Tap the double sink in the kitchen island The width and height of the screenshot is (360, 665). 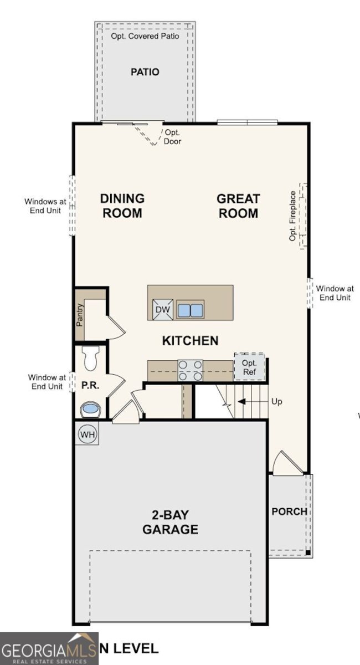coord(190,310)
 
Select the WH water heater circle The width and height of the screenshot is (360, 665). coord(87,434)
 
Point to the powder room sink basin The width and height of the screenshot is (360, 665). coord(90,410)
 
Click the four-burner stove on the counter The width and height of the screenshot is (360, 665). coord(190,370)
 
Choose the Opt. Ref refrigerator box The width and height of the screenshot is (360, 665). coord(249,367)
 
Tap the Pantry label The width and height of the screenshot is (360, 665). coord(80,314)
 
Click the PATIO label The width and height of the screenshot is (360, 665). coord(145,72)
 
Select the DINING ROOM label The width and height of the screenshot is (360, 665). coord(122,206)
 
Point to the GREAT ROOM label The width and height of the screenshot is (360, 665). coord(238,206)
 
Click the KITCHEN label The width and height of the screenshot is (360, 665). coord(190,340)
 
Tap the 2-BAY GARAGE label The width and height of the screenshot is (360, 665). coord(170,522)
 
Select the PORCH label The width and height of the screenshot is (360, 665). coord(289,511)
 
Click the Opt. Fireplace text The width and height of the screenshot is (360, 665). coord(293,216)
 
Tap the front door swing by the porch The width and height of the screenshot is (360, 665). coord(287,463)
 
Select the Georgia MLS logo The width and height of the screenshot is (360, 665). coord(49,648)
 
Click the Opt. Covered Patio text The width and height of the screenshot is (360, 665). coord(145,36)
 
